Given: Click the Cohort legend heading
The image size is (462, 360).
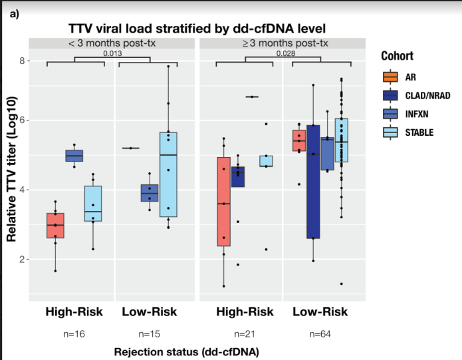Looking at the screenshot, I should pyautogui.click(x=397, y=56).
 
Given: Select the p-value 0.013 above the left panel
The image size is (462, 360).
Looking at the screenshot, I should pyautogui.click(x=113, y=53).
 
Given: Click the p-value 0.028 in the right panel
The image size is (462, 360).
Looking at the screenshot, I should pyautogui.click(x=286, y=53).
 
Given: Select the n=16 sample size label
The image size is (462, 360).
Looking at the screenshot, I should pyautogui.click(x=74, y=334).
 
